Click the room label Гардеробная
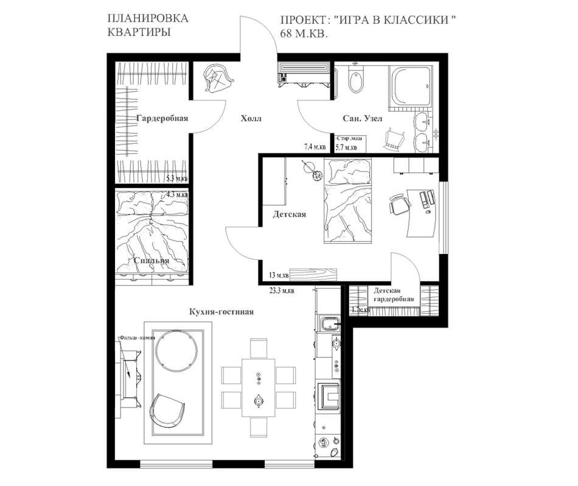point(162,118)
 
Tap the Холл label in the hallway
point(251,119)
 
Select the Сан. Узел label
point(361,119)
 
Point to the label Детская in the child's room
point(289,214)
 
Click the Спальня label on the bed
point(151,261)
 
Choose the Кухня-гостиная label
point(221,312)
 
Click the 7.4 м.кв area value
point(315,147)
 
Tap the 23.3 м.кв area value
point(282,291)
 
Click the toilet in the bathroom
point(356,81)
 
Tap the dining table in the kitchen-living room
point(259,387)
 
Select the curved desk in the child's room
point(422,213)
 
